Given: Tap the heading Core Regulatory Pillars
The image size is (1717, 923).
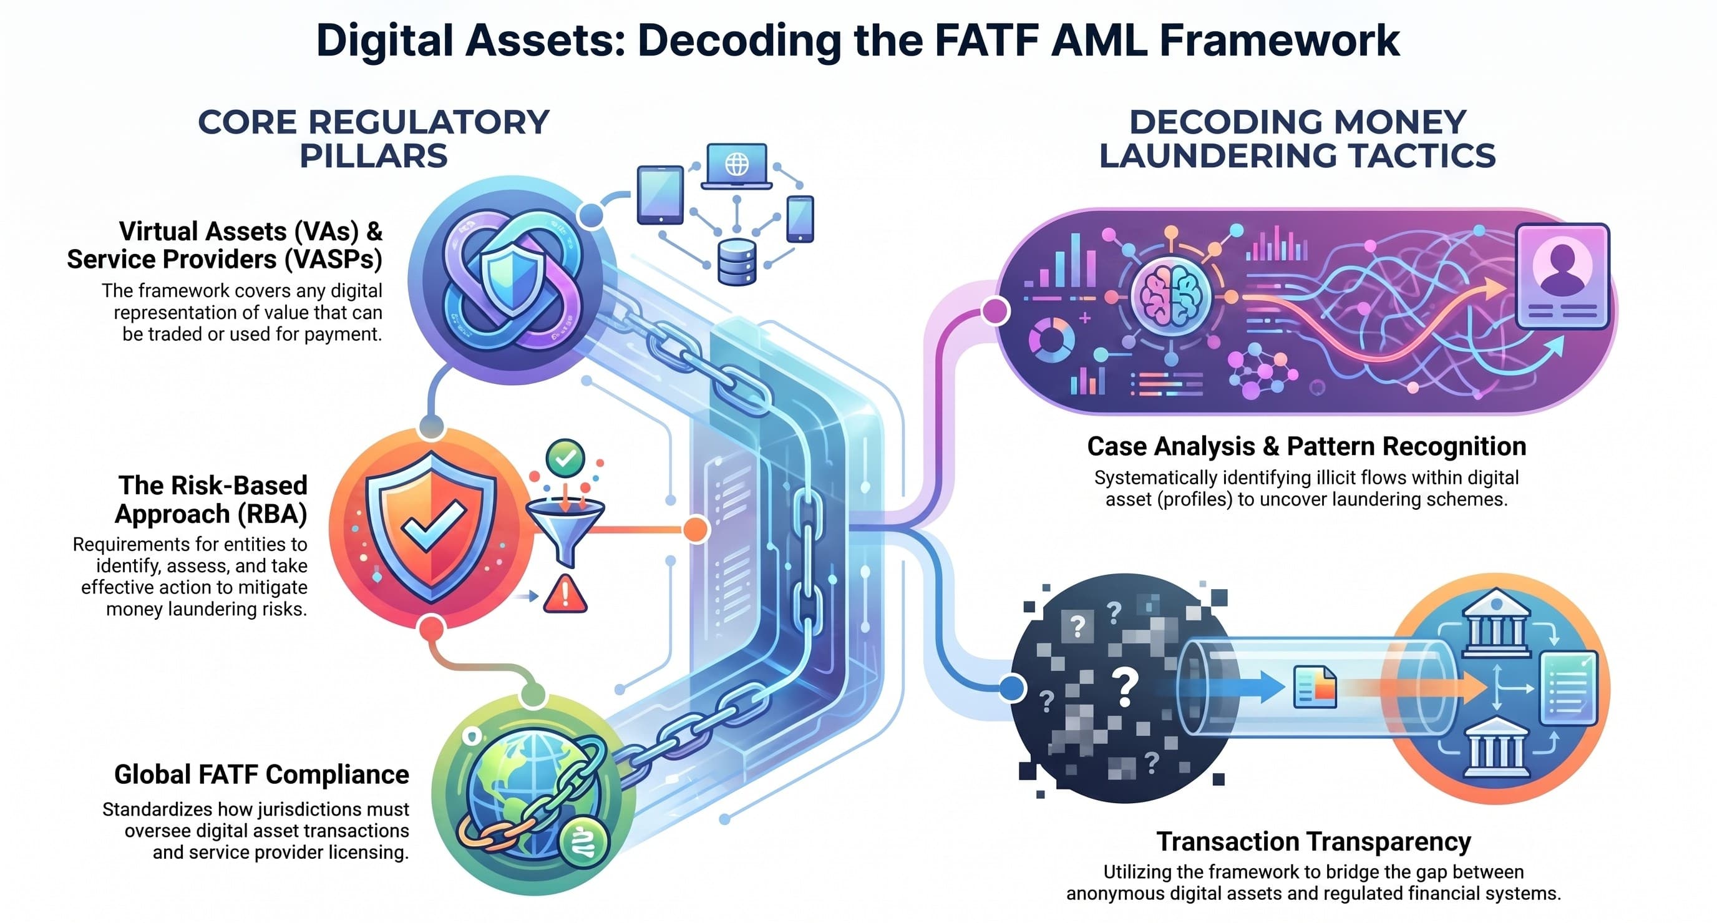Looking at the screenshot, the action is [374, 139].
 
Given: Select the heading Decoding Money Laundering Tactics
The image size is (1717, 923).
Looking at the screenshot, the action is [1297, 139].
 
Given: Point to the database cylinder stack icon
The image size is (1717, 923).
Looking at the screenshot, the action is [736, 263].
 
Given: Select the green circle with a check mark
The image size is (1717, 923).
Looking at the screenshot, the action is [565, 457].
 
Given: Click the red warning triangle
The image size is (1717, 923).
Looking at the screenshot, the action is [565, 593].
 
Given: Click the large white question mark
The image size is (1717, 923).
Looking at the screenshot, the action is [1124, 688].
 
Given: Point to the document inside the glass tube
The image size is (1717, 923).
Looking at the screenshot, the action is [1315, 687].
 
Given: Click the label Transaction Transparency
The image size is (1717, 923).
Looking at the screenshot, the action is [1314, 841].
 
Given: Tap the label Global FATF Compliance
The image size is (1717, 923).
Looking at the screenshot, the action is [261, 774].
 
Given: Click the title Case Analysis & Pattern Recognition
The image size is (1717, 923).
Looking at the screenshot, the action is [1306, 446].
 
